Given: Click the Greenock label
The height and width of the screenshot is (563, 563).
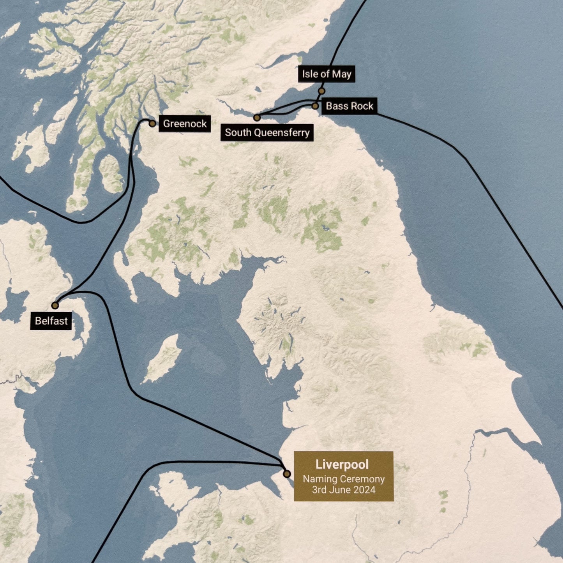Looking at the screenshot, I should coord(185,124).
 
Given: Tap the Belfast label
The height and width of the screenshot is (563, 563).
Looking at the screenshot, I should coord(51,321).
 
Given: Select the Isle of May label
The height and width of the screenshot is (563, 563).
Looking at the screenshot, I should coord(327,74).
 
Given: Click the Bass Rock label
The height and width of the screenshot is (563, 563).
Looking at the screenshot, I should coord(349,106).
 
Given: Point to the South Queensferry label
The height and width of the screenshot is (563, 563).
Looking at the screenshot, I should coord(267,133).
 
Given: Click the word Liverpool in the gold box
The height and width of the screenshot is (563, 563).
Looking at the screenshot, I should coord(342,464).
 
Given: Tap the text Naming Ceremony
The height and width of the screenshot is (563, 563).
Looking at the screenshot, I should coord(344,479).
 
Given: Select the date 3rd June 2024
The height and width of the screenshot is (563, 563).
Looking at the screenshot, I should coord(344,490).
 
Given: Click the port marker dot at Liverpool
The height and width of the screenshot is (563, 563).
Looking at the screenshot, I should coord(287,474).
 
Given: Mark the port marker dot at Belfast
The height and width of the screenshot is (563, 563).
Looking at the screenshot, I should coord(55,305).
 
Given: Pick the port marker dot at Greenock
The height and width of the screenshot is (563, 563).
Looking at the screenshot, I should coord(152,124).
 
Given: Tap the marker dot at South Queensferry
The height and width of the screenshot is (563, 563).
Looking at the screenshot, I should coord(257,117).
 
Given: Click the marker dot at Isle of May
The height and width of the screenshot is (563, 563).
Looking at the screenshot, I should coord(321,91).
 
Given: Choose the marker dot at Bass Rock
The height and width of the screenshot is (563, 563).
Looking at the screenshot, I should coord(315,106).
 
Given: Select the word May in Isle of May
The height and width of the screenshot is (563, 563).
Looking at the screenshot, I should coord(342,74).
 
